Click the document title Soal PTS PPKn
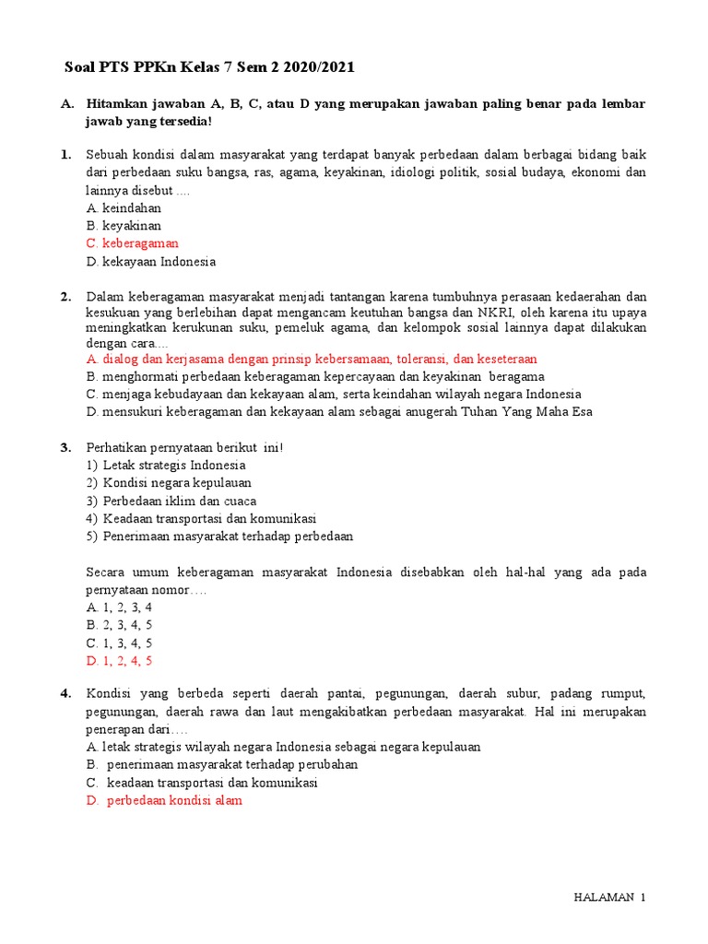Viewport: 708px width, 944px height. [x=209, y=68]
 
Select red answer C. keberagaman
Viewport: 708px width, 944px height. [x=132, y=243]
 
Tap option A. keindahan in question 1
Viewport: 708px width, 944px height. [x=124, y=208]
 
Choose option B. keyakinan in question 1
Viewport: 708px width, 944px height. [x=124, y=226]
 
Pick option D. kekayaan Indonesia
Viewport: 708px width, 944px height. [x=151, y=262]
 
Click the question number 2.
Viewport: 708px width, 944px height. [x=66, y=297]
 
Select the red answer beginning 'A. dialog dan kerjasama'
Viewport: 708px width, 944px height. [x=312, y=359]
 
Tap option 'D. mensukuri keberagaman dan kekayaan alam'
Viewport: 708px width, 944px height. [x=339, y=411]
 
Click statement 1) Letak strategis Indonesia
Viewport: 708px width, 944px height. [x=166, y=465]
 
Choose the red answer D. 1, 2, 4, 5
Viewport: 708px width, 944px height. [x=120, y=660]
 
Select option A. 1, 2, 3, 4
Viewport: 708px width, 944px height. [x=120, y=608]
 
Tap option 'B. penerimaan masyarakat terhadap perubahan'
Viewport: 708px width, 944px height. [x=222, y=765]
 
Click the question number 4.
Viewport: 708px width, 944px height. [x=66, y=694]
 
